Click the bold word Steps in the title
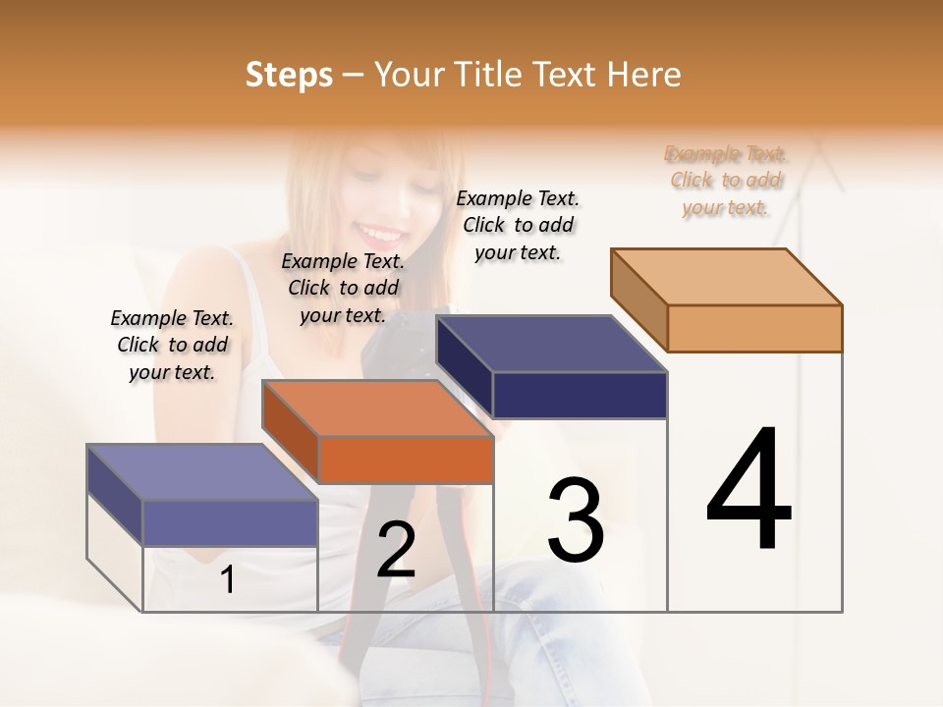click(x=289, y=75)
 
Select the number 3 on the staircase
click(x=576, y=519)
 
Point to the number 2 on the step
click(x=396, y=550)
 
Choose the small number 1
click(x=227, y=579)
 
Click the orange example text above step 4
click(x=726, y=180)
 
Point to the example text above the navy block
click(x=518, y=225)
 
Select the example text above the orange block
click(x=343, y=288)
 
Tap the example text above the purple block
click(x=172, y=345)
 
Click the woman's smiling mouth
click(x=377, y=234)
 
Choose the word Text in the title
click(x=569, y=75)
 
